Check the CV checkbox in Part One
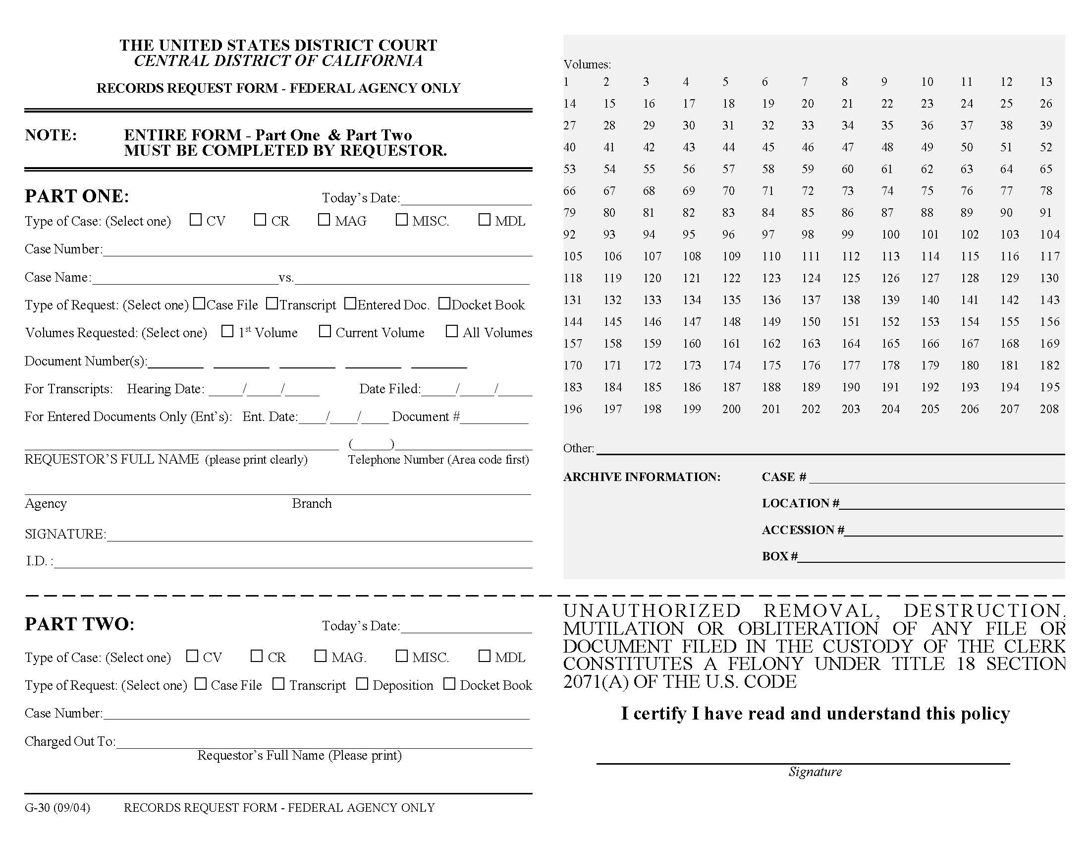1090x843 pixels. (196, 220)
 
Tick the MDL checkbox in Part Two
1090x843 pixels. (484, 656)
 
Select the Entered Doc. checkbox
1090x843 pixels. (350, 303)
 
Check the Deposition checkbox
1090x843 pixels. (362, 684)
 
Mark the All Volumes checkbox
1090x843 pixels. (452, 331)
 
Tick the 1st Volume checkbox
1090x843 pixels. (227, 331)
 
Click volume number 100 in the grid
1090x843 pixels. (890, 234)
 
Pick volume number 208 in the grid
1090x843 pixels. (1049, 409)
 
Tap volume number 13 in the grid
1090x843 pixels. (1046, 82)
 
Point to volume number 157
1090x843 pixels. (572, 344)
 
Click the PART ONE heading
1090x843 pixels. (77, 196)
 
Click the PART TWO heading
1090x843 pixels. (80, 624)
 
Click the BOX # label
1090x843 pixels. (779, 556)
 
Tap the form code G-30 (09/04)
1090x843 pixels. (57, 807)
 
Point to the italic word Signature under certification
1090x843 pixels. (815, 772)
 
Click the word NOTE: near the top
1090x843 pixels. (51, 135)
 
